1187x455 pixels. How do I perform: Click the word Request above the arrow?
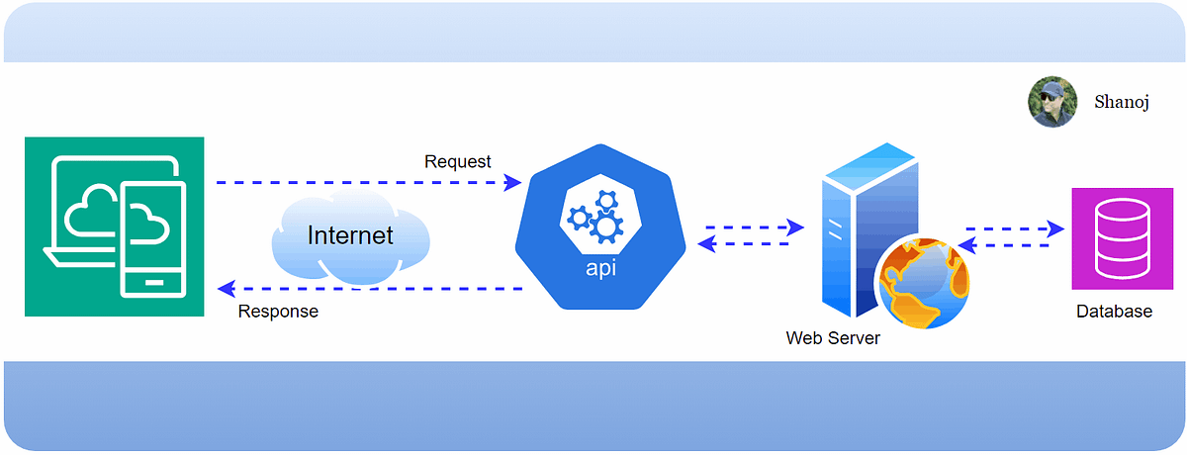tap(457, 161)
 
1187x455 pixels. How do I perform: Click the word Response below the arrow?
tap(278, 312)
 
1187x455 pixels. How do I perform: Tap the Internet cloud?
tap(350, 237)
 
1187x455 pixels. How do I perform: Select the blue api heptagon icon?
tap(600, 226)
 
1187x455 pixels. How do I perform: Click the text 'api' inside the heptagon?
tap(600, 267)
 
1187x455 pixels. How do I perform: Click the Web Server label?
tap(833, 338)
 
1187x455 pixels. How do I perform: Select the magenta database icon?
tap(1115, 238)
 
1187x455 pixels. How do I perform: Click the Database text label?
tap(1114, 312)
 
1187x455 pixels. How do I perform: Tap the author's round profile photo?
tap(1052, 103)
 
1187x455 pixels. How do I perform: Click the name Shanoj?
tap(1121, 102)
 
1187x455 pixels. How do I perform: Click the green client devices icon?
tap(114, 227)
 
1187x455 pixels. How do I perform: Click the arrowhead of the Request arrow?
tap(513, 182)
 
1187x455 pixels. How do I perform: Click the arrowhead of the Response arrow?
tap(225, 289)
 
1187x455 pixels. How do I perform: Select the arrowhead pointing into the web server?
tap(795, 227)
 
